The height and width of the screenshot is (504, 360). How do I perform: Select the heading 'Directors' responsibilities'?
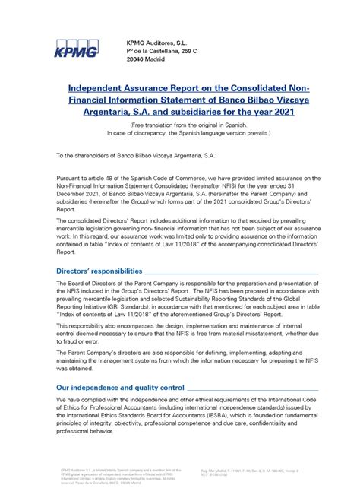pos(99,271)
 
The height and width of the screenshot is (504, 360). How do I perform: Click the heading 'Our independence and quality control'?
pos(121,387)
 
